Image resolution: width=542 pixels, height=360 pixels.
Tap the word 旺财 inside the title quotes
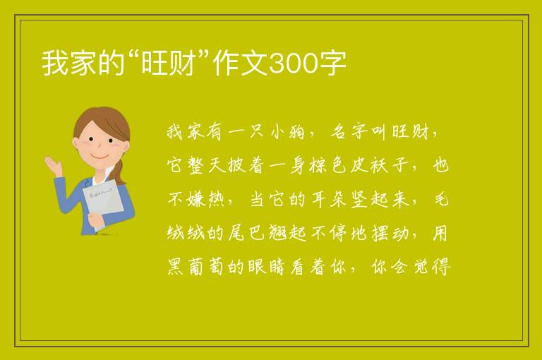pyautogui.click(x=169, y=64)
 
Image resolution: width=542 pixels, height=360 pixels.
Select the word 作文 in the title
pyautogui.click(x=240, y=64)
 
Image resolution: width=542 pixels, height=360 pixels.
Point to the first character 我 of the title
pyautogui.click(x=55, y=64)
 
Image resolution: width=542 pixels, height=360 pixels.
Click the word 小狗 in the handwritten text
pyautogui.click(x=287, y=131)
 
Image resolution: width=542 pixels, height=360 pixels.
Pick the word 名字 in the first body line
pyautogui.click(x=349, y=131)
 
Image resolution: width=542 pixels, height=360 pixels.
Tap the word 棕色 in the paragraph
pyautogui.click(x=327, y=165)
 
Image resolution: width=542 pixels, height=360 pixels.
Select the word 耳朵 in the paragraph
pyautogui.click(x=327, y=199)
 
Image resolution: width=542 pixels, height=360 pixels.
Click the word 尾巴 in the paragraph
pyautogui.click(x=246, y=233)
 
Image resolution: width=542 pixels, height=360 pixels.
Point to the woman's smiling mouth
pyautogui.click(x=100, y=156)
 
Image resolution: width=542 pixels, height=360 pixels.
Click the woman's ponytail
pyautogui.click(x=119, y=172)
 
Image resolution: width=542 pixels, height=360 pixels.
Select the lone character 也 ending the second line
pyautogui.click(x=440, y=165)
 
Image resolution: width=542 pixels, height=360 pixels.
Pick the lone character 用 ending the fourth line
pyautogui.click(x=440, y=233)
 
